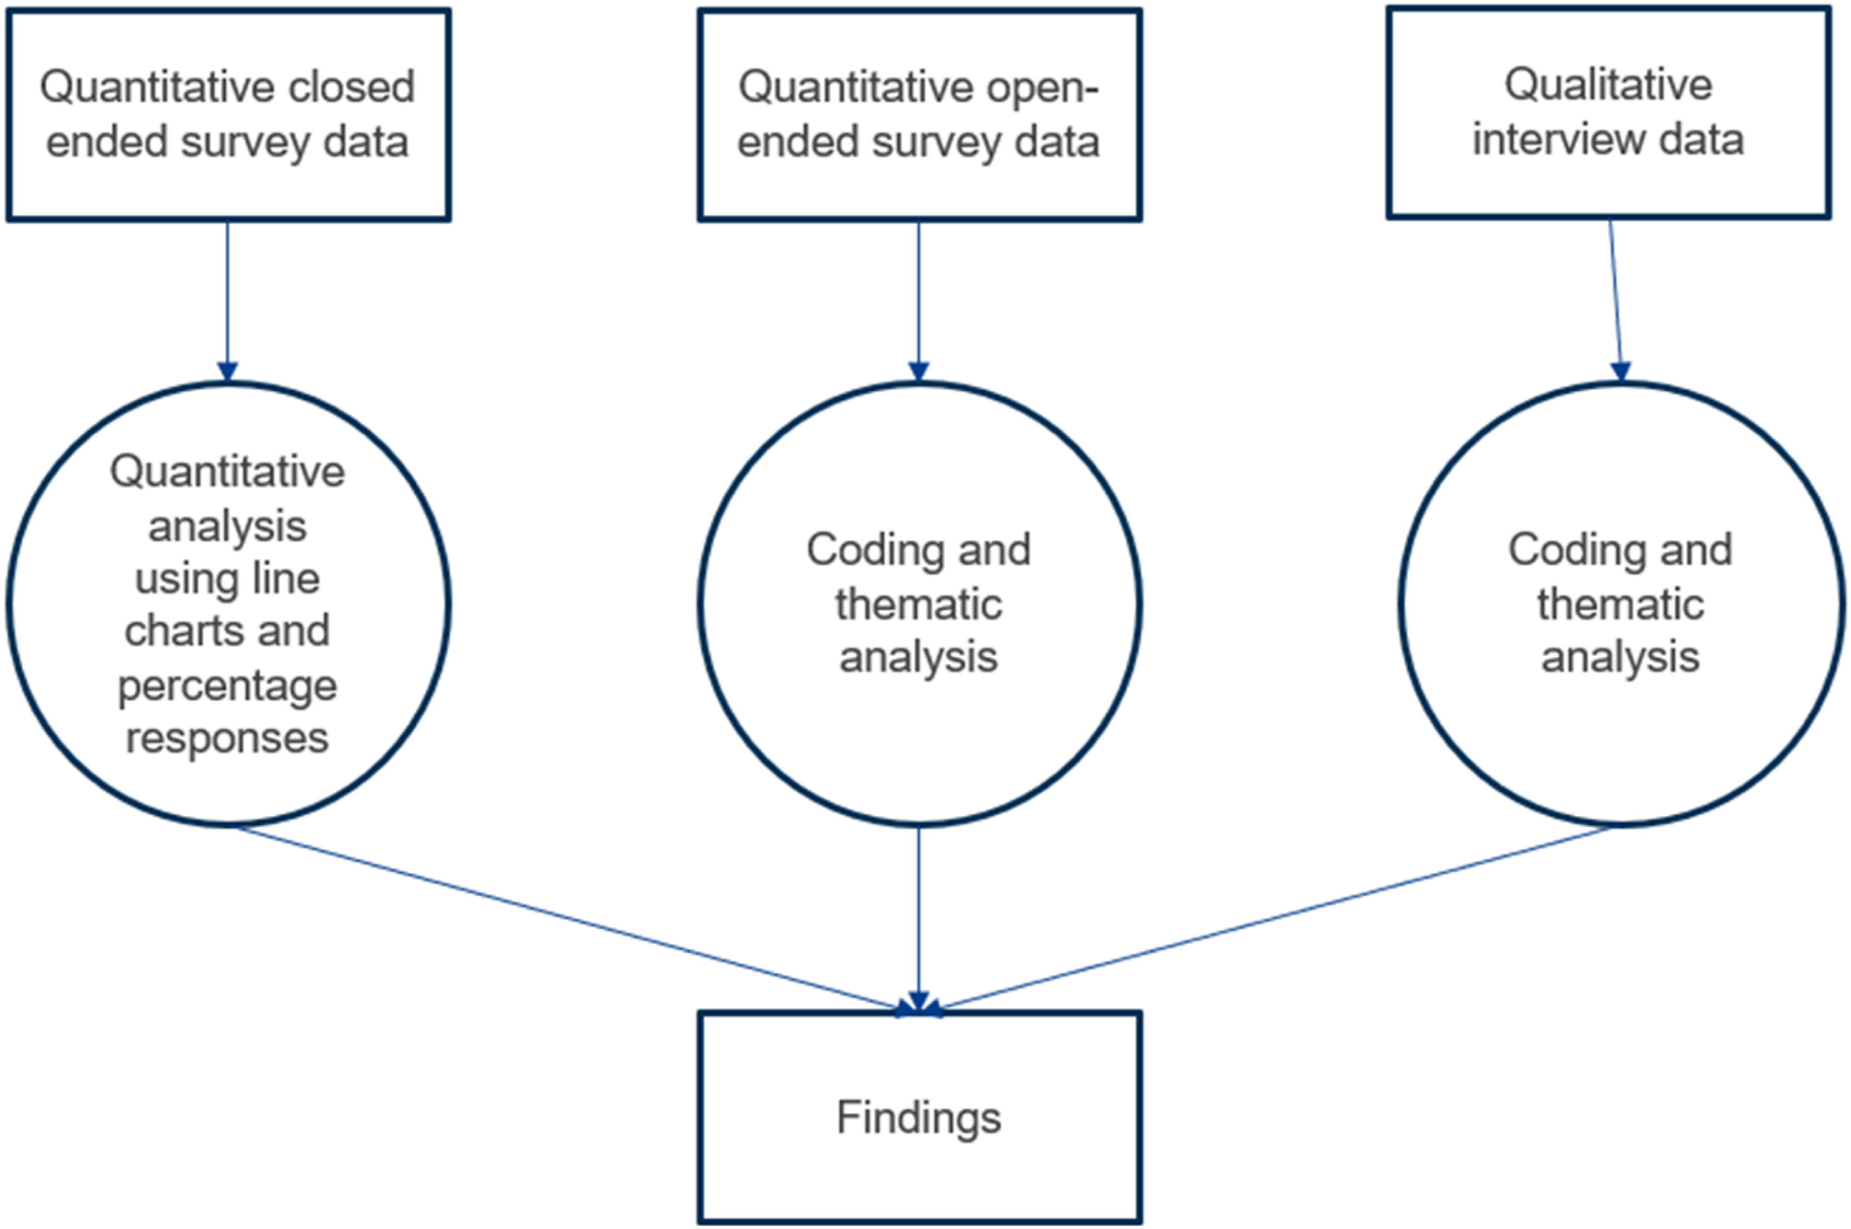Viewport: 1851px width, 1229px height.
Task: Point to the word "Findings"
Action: click(919, 1118)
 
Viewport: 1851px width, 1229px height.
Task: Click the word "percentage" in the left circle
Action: click(227, 687)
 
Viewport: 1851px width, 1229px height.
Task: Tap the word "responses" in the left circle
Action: click(227, 739)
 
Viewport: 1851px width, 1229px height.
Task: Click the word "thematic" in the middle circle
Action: click(919, 604)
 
